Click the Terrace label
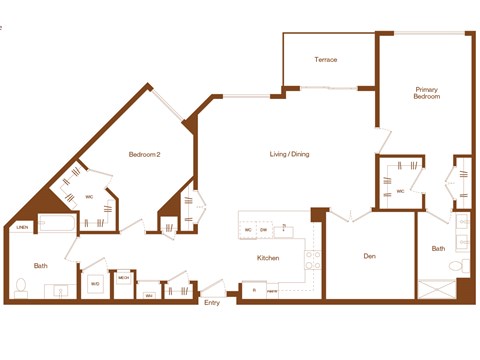pos(326,60)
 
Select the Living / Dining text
pos(293,155)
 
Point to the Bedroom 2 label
pos(145,155)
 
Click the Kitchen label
pos(268,258)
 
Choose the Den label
pos(369,257)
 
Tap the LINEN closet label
pos(21,230)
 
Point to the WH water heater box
pos(149,295)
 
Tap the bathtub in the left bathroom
pos(58,225)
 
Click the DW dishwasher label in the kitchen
pos(263,230)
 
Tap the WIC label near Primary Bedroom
pos(400,190)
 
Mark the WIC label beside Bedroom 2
pos(89,197)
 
